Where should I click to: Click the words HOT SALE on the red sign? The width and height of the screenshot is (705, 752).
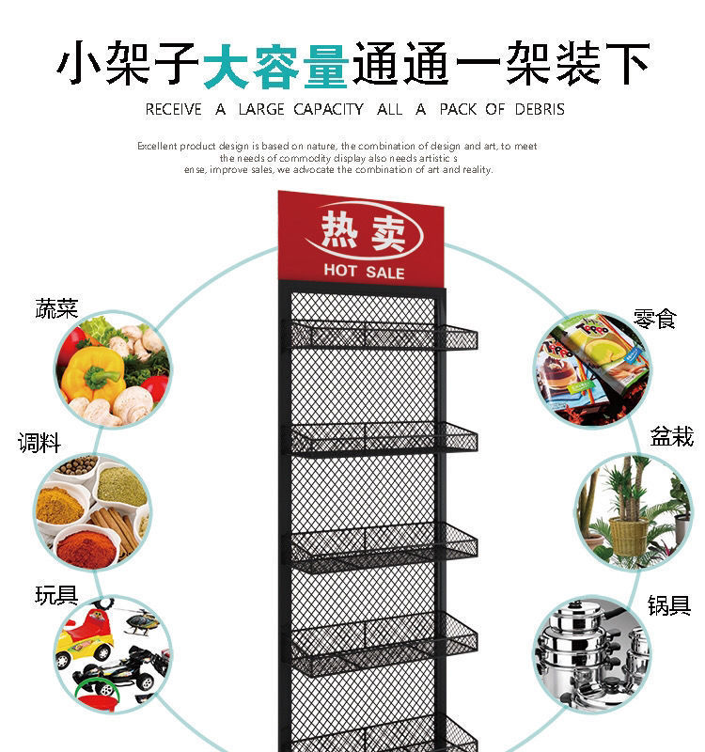pos(364,273)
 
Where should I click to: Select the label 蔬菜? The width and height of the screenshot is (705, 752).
pos(56,308)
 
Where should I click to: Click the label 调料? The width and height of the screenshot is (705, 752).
pos(39,442)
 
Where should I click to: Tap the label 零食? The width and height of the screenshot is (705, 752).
pos(654,319)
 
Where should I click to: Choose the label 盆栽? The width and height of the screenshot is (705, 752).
pos(671,436)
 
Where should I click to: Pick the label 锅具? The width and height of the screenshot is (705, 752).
pos(668,605)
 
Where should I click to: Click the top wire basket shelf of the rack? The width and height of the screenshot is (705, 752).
pos(381,336)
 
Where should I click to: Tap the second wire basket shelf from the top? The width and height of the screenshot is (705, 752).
pos(381,437)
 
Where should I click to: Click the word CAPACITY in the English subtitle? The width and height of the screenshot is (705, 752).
pos(328,109)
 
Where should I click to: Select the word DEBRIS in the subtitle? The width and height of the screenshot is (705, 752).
pos(540,109)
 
